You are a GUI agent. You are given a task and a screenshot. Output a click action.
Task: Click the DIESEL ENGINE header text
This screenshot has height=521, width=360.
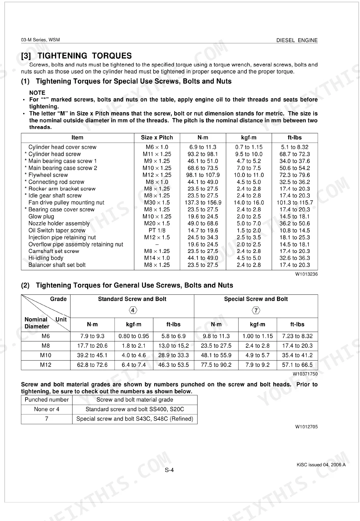[x=297, y=40]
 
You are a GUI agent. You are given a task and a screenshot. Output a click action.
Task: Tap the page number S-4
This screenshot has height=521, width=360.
[x=169, y=470]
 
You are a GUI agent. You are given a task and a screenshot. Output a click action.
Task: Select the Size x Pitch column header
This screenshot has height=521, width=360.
[x=157, y=138]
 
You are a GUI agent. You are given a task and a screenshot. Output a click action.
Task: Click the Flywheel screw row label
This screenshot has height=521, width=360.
[x=48, y=175]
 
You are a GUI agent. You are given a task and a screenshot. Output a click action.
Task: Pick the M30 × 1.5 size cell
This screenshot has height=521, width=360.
[x=157, y=202]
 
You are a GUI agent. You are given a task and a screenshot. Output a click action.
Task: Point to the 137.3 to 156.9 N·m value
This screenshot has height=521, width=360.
[x=203, y=202]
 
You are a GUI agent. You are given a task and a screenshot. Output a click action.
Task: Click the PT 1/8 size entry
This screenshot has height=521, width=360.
[x=157, y=230]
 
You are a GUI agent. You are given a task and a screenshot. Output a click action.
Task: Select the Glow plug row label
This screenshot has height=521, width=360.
[x=41, y=216]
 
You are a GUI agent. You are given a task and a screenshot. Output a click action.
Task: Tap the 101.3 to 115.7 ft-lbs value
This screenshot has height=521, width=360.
[x=294, y=202]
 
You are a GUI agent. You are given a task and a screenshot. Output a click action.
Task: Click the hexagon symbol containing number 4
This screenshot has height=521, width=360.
[x=132, y=310]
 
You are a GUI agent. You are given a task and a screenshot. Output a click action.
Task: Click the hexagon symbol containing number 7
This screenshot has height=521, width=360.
[x=256, y=310]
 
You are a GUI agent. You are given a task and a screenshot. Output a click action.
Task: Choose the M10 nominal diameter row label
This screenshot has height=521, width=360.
[x=46, y=355]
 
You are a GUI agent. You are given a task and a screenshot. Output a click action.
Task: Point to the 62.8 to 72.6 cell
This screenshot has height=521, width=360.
[x=92, y=365]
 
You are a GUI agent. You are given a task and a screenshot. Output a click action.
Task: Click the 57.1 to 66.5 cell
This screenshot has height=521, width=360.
[x=297, y=365]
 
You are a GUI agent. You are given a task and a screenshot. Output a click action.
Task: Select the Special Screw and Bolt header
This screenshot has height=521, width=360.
[x=256, y=299]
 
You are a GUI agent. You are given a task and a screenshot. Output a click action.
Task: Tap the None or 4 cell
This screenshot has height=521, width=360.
[x=47, y=409]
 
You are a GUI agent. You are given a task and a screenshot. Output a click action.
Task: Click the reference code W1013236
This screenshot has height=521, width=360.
[x=306, y=274]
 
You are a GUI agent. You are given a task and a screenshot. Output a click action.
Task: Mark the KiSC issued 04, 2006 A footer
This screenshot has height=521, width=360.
[x=321, y=465]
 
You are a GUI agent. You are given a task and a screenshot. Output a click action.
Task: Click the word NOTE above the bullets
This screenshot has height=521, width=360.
[x=37, y=93]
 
